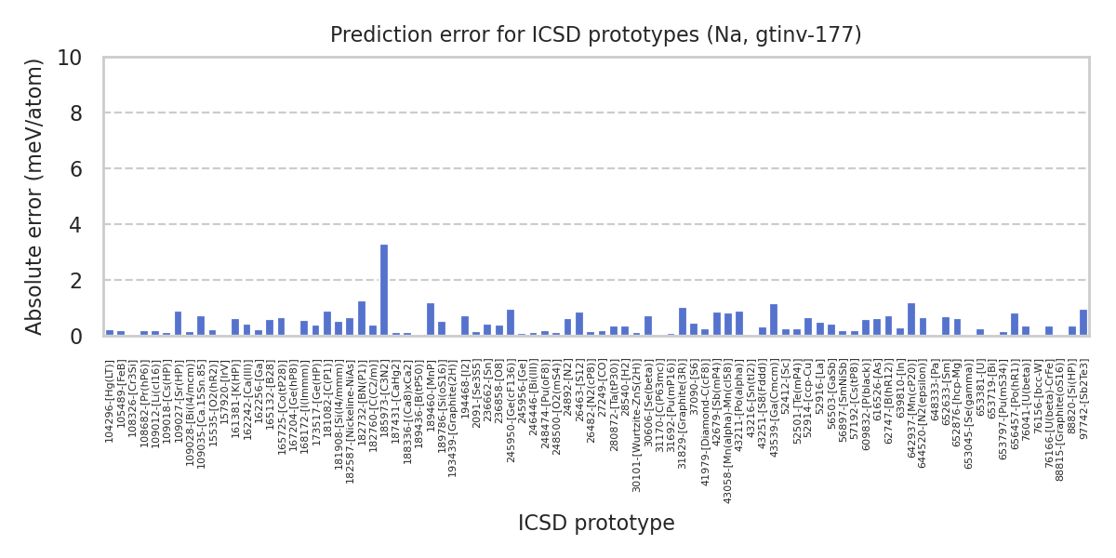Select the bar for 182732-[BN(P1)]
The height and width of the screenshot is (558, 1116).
pyautogui.click(x=362, y=318)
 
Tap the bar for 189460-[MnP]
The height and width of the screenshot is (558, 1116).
pyautogui.click(x=431, y=319)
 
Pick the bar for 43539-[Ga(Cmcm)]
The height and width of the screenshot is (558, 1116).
pyautogui.click(x=774, y=320)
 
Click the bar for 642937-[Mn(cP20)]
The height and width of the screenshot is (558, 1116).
pyautogui.click(x=911, y=319)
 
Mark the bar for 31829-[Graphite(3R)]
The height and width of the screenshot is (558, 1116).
pyautogui.click(x=683, y=322)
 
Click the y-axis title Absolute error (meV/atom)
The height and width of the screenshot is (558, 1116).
pyautogui.click(x=35, y=196)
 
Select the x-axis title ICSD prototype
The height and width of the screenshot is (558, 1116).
pyautogui.click(x=596, y=524)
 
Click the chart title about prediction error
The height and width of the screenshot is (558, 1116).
pyautogui.click(x=596, y=35)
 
